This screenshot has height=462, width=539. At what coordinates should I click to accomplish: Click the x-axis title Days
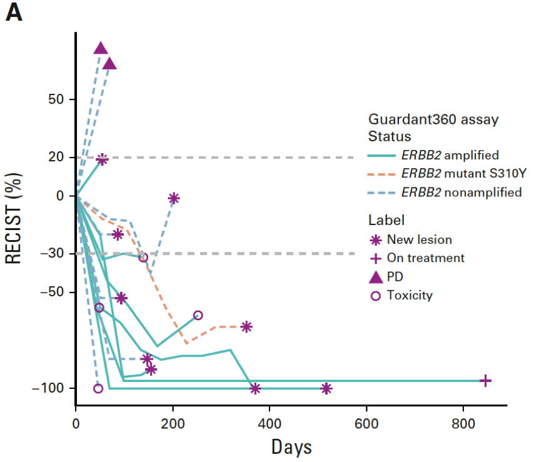[x=291, y=446]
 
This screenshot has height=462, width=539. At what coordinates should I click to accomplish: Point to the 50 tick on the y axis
[x=58, y=99]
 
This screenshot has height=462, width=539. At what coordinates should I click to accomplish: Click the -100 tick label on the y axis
[x=51, y=388]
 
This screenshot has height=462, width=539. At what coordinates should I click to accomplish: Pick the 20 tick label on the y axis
[x=58, y=157]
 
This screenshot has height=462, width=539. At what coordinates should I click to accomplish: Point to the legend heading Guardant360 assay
[x=433, y=119]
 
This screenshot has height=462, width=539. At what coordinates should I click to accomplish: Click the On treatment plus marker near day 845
[x=485, y=380]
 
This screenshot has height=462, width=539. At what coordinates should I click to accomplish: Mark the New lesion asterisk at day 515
[x=326, y=388]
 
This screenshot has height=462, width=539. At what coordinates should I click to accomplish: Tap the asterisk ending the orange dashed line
[x=246, y=326]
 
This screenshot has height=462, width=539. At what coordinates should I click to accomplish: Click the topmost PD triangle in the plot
[x=101, y=48]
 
